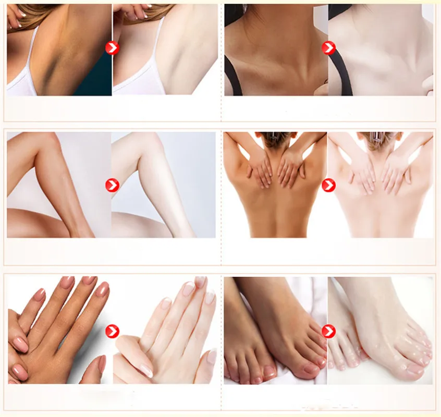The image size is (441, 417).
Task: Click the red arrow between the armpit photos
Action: coord(112,48)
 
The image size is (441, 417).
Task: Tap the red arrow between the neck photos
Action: coord(328,48)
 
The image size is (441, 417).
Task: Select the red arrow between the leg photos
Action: coord(112,185)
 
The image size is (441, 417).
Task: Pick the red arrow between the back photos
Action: coord(328,185)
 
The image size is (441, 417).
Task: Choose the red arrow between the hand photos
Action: coord(112,331)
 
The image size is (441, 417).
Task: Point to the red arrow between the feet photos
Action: coord(328,331)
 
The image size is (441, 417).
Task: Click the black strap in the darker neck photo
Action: coord(232,78)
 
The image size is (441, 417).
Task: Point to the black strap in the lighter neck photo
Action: coord(340,78)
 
